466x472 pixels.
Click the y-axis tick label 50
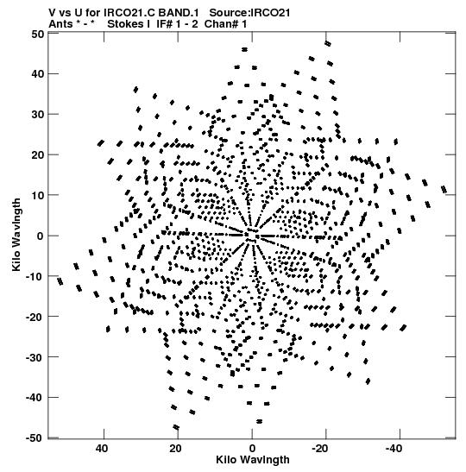point(37,34)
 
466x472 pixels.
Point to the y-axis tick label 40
point(37,73)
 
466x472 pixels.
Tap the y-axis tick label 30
point(37,115)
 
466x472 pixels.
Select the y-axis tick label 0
point(41,236)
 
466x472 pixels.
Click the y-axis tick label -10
point(35,276)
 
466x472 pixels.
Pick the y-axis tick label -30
point(35,357)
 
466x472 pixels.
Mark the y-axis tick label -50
point(35,438)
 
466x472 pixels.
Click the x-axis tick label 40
point(102,449)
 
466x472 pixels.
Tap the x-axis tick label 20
point(175,449)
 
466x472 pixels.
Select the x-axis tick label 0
point(252,449)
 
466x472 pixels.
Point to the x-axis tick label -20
point(319,449)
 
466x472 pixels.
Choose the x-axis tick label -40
point(394,449)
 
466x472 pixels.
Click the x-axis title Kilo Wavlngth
point(253,460)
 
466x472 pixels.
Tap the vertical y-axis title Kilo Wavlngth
point(16,235)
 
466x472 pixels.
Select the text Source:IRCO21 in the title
point(249,13)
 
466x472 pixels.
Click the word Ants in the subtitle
point(60,24)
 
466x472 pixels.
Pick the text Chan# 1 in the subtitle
point(225,24)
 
